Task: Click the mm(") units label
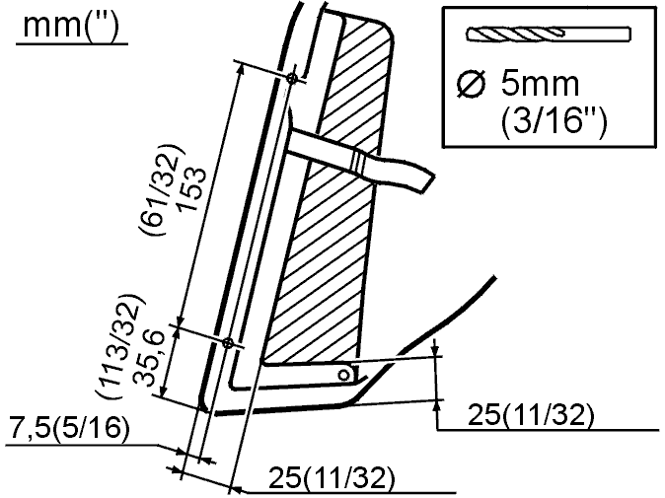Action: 71,26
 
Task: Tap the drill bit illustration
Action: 549,34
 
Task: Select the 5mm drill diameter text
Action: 540,83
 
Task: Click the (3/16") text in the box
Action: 554,120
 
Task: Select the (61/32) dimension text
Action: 160,190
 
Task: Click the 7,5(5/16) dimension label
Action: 69,428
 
